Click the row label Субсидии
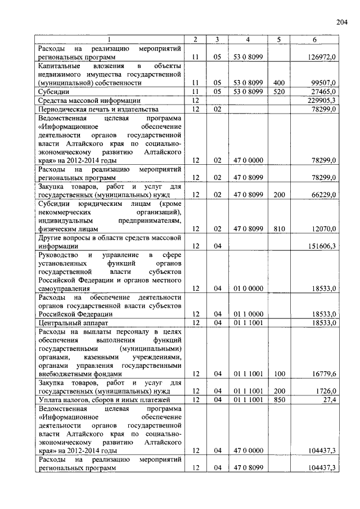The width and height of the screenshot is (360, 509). pos(51,91)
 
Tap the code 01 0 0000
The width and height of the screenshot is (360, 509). pos(248,289)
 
